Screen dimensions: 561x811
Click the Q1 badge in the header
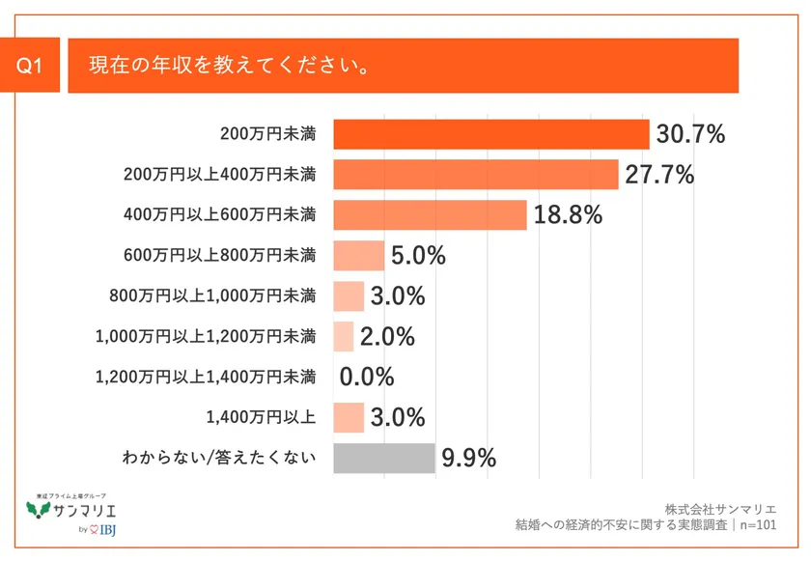[x=33, y=67]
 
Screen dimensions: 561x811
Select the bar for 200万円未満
[x=490, y=134]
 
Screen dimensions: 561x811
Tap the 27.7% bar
[x=475, y=175]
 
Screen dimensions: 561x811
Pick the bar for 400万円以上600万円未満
[x=430, y=214]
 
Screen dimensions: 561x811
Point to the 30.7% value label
[x=689, y=134]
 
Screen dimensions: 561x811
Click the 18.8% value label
[x=568, y=214]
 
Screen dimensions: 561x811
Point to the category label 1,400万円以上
[x=261, y=418]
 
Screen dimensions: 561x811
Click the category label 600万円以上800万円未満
[x=220, y=256]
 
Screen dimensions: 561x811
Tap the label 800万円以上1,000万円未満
[x=213, y=296]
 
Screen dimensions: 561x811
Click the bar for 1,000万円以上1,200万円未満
[x=344, y=337]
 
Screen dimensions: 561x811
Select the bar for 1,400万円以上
[x=349, y=418]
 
